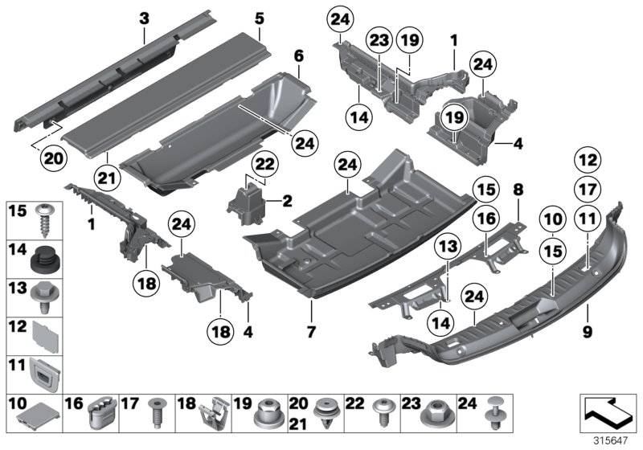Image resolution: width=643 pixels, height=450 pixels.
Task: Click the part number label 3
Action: click(144, 17)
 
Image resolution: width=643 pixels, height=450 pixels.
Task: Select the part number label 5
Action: click(259, 18)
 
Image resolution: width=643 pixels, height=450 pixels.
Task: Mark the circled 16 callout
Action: click(484, 219)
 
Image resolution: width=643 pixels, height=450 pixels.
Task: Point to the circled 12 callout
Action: click(588, 159)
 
